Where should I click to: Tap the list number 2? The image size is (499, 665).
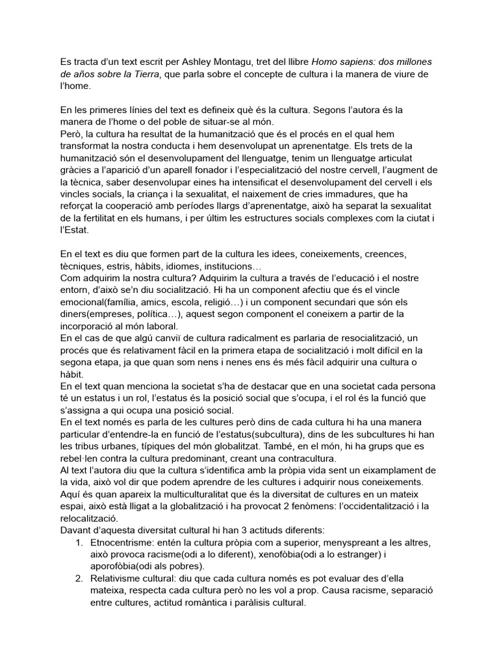pos(79,578)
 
